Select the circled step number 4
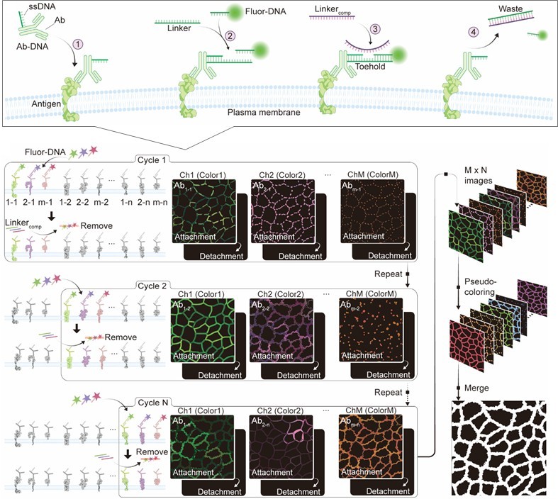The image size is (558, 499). tap(474, 32)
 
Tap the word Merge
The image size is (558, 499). tap(479, 388)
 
